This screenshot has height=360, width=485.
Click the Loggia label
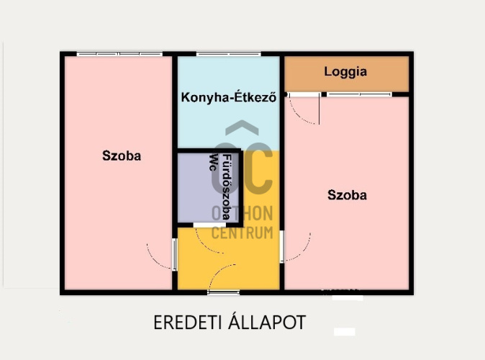tap(345, 72)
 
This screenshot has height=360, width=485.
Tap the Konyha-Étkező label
tap(229, 97)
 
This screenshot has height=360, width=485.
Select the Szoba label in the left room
tap(122, 156)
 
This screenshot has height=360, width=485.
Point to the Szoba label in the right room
tap(347, 195)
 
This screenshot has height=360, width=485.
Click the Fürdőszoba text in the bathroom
tap(227, 187)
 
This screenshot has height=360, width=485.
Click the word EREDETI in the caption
tap(187, 323)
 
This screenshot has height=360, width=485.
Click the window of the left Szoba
tap(119, 54)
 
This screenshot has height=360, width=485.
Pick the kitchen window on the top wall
tap(229, 54)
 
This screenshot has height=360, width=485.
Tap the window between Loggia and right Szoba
tap(359, 94)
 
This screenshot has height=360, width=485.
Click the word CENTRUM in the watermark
tap(242, 233)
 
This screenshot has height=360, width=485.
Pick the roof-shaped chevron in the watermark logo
tap(242, 127)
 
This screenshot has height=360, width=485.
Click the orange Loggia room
tap(347, 74)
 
